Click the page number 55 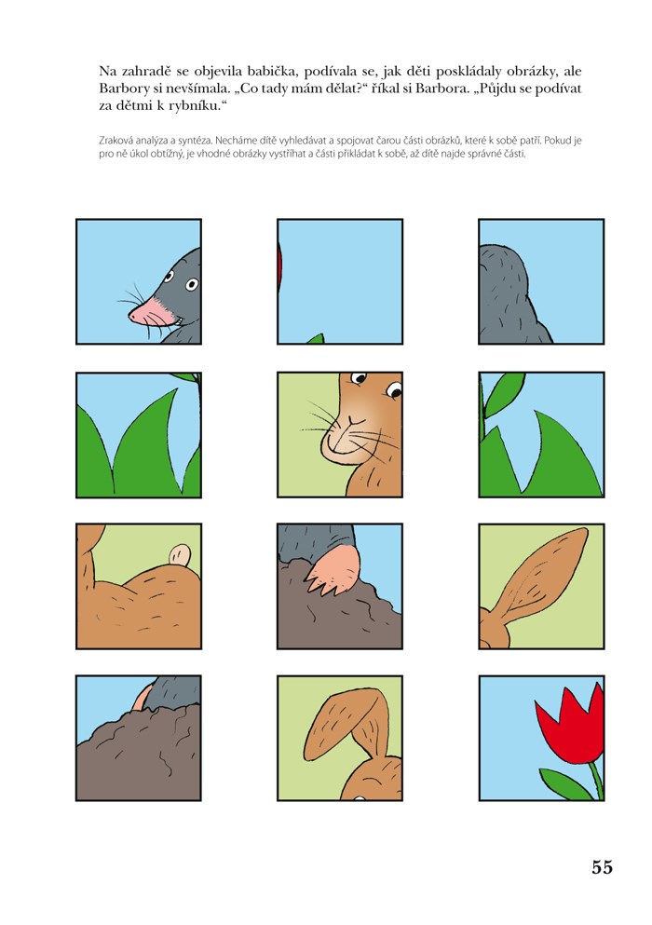click(602, 867)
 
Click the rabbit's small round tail click(180, 555)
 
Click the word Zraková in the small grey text click(115, 141)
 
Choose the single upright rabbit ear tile click(541, 586)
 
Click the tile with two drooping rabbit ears click(340, 738)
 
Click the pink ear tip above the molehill click(141, 698)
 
